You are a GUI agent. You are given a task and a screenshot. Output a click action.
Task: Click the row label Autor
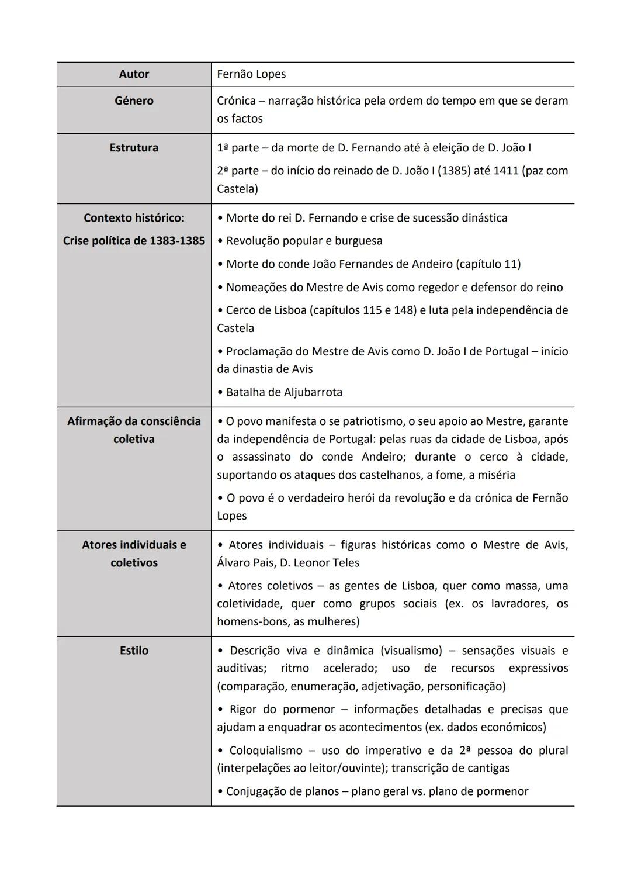point(134,74)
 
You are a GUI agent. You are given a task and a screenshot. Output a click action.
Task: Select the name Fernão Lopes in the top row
point(251,74)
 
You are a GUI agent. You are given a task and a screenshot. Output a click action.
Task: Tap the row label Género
point(134,101)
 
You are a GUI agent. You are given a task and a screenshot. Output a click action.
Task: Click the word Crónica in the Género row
point(236,101)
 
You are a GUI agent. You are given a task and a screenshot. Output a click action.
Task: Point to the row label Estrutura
point(134,147)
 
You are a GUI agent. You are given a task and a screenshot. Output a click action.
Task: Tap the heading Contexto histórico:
point(134,217)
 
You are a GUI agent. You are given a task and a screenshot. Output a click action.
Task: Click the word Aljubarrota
point(313,392)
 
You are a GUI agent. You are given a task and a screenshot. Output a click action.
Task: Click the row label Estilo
point(134,651)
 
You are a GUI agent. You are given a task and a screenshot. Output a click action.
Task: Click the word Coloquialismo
point(266,751)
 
